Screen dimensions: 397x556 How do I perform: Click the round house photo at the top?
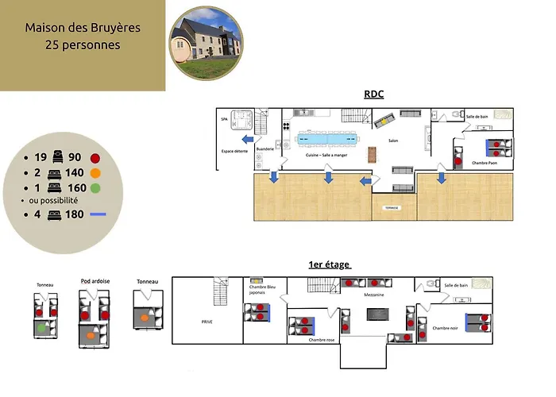click(x=206, y=44)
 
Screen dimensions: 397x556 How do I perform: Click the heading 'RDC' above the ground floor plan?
click(x=373, y=94)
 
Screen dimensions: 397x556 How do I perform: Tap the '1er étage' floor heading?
click(x=329, y=264)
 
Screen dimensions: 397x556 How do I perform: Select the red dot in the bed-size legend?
click(x=95, y=158)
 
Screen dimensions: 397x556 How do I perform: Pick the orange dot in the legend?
click(x=95, y=172)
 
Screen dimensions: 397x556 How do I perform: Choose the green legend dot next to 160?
click(x=95, y=187)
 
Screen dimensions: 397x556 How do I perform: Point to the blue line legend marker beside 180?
click(x=98, y=215)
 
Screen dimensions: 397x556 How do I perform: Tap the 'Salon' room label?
click(x=392, y=141)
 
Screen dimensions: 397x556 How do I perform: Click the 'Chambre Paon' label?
click(x=485, y=163)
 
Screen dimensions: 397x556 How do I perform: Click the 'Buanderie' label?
click(x=265, y=148)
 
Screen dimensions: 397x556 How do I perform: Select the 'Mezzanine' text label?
click(x=374, y=294)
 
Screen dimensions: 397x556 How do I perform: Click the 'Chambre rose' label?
click(x=321, y=340)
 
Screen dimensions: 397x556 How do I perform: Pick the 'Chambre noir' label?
click(x=446, y=327)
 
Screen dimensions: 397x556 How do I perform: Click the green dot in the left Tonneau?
click(x=41, y=326)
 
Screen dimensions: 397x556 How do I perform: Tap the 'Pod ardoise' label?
click(x=95, y=281)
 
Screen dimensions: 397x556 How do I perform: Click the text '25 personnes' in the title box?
click(x=83, y=45)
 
